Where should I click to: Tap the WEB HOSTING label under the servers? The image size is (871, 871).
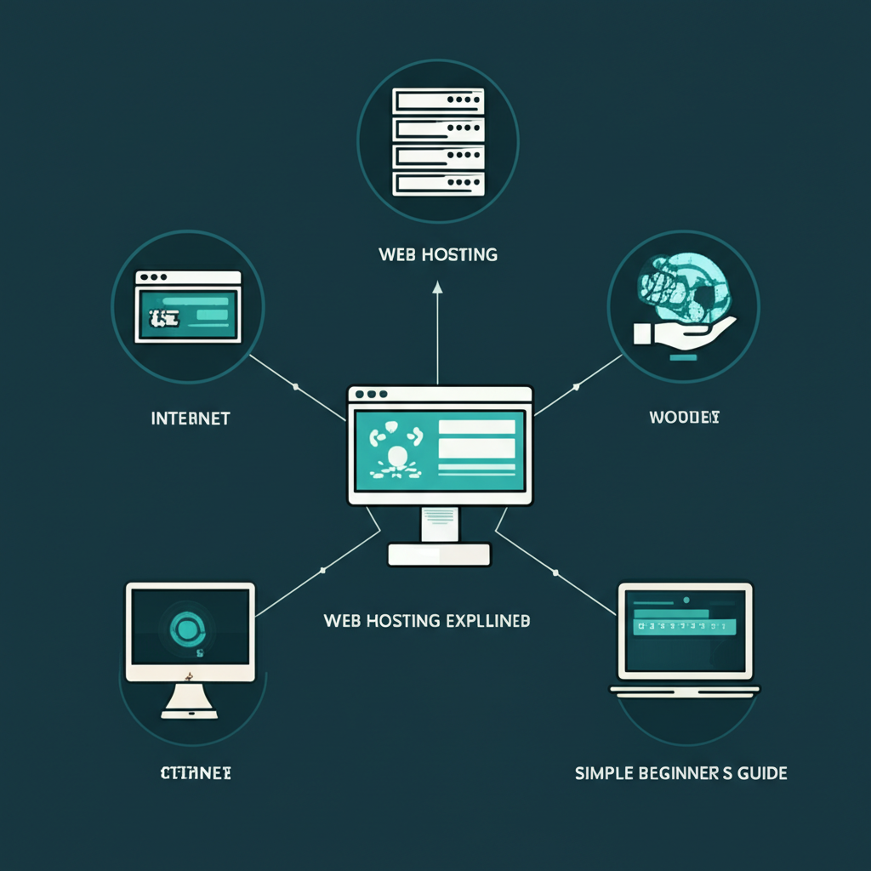[437, 254]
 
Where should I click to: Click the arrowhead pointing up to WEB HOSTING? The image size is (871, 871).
[437, 289]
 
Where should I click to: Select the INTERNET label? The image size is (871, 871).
[190, 418]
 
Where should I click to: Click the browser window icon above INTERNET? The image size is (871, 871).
[188, 306]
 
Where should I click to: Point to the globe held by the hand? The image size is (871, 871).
[681, 288]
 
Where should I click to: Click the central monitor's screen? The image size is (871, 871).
[439, 450]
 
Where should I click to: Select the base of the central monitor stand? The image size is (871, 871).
[439, 555]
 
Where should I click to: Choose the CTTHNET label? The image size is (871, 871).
[196, 773]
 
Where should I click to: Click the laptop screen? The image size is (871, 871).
[685, 630]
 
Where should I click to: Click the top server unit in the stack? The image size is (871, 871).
[437, 100]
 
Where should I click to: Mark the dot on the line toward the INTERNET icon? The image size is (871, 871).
[295, 387]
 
